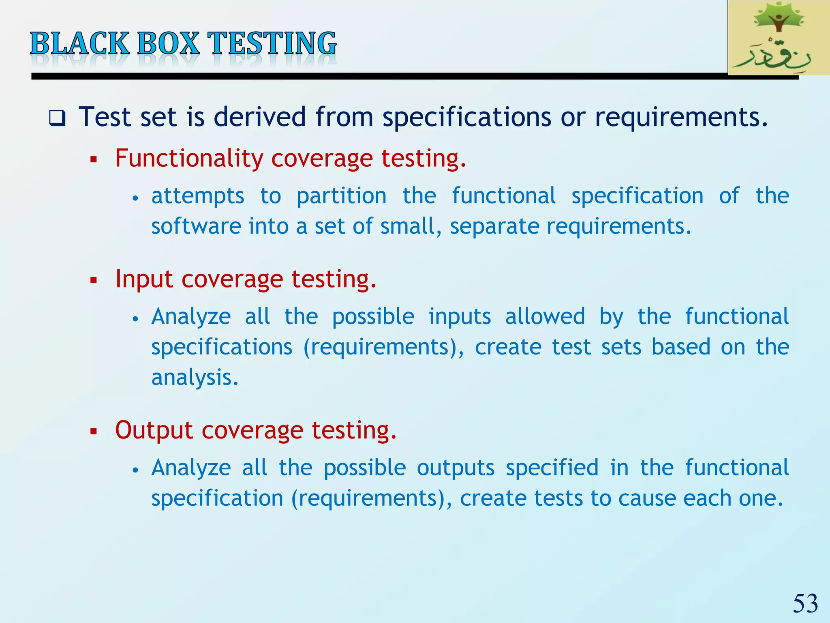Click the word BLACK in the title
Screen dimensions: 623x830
pyautogui.click(x=79, y=43)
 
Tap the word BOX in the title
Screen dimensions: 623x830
pyautogui.click(x=168, y=43)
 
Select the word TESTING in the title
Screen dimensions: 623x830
pyautogui.click(x=272, y=43)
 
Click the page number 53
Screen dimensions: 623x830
pyautogui.click(x=805, y=603)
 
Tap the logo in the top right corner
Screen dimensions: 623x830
pyautogui.click(x=778, y=38)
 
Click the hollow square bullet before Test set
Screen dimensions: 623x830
pyautogui.click(x=57, y=118)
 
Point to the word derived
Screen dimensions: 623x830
pyautogui.click(x=259, y=117)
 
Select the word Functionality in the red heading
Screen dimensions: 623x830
pyautogui.click(x=189, y=158)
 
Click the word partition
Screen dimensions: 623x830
pyautogui.click(x=341, y=196)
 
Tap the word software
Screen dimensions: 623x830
pyautogui.click(x=196, y=226)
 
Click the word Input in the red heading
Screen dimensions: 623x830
pyautogui.click(x=144, y=279)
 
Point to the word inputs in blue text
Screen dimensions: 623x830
pyautogui.click(x=460, y=316)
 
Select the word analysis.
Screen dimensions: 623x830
pyautogui.click(x=195, y=378)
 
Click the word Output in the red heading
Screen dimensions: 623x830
pyautogui.click(x=154, y=430)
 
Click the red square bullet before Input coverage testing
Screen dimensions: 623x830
pyautogui.click(x=94, y=280)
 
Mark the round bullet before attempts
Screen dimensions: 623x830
pyautogui.click(x=136, y=198)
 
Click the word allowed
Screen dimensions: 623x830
pyautogui.click(x=545, y=316)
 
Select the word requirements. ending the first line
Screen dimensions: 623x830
pyautogui.click(x=681, y=117)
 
